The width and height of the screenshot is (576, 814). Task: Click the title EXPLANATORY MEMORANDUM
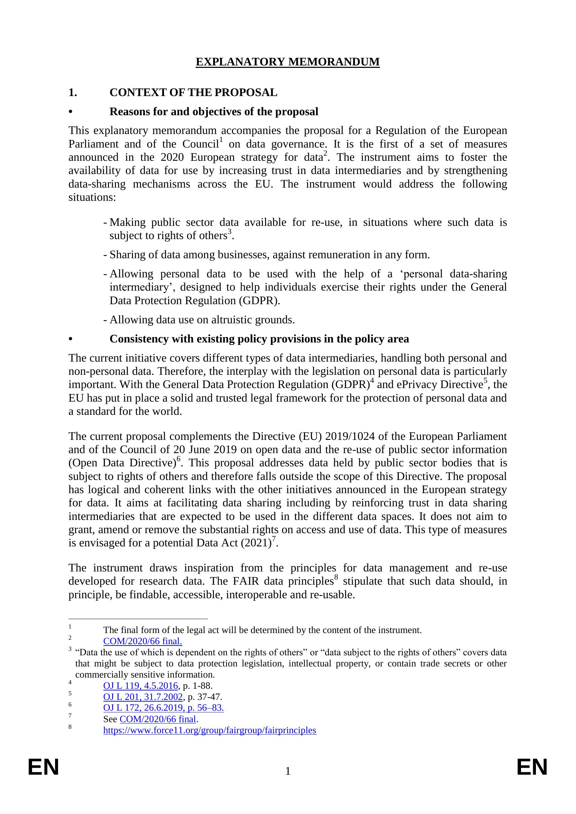click(288, 62)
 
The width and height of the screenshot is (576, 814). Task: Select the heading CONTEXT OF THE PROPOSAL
click(193, 93)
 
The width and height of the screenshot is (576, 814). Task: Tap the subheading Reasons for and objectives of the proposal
click(214, 112)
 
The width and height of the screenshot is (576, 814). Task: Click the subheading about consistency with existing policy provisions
click(259, 339)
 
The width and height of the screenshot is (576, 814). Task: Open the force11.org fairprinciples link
click(210, 730)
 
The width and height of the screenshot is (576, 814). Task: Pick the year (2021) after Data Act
click(256, 543)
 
